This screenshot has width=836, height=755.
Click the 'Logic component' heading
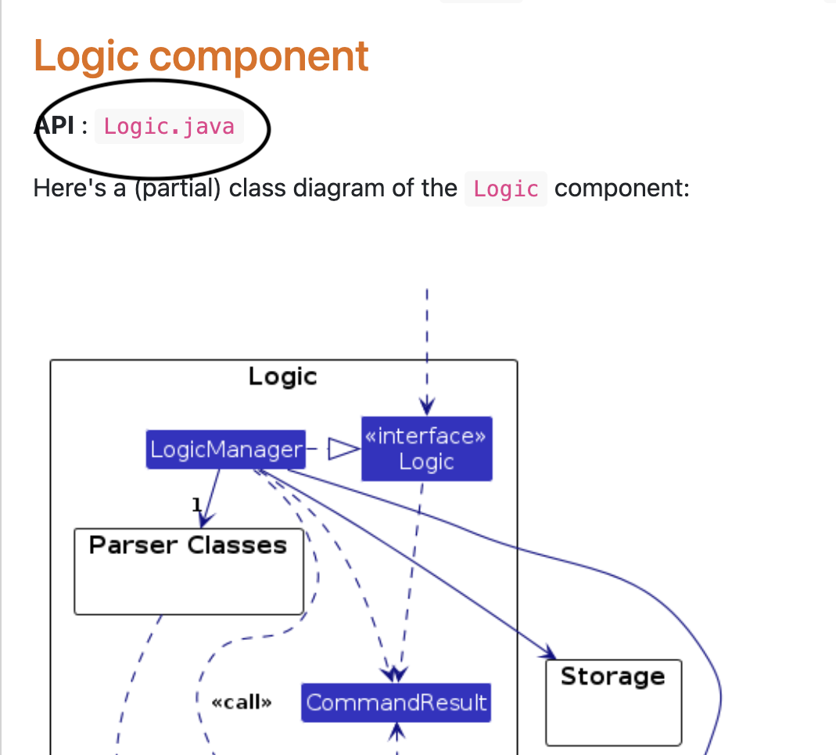tap(201, 56)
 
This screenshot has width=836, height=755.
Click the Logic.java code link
tap(169, 127)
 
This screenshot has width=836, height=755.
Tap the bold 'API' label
tap(55, 126)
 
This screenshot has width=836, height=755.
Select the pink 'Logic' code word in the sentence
tap(506, 189)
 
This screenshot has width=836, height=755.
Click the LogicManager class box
tap(225, 449)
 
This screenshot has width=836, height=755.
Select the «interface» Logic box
tap(426, 448)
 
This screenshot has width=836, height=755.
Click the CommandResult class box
tap(396, 702)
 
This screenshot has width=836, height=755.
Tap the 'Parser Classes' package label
tap(188, 545)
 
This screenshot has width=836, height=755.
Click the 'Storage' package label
tap(612, 676)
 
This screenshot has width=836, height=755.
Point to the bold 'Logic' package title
tap(282, 377)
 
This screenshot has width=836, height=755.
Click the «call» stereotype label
tap(242, 703)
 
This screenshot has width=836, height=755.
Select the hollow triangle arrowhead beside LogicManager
tap(343, 448)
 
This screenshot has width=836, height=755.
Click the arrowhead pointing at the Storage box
tap(548, 653)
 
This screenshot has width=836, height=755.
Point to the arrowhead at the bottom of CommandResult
tap(396, 729)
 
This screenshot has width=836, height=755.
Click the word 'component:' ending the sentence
tap(622, 189)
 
